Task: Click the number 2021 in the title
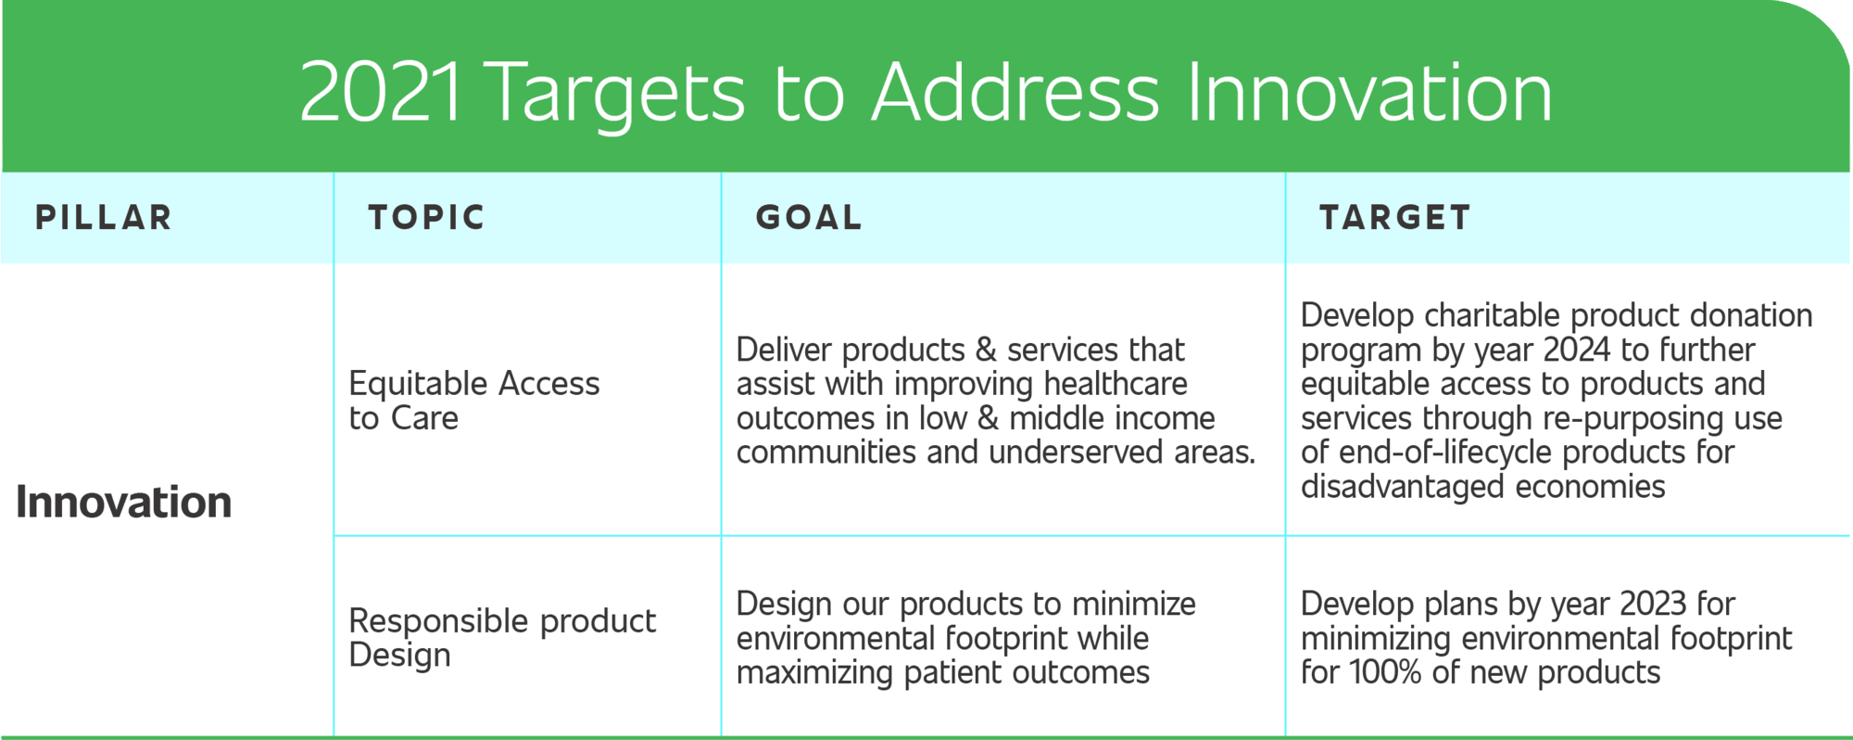click(x=381, y=92)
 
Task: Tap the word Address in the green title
click(x=1015, y=92)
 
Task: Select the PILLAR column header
click(x=104, y=217)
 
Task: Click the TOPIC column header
click(x=426, y=217)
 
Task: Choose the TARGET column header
click(x=1395, y=217)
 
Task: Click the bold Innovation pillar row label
click(x=123, y=502)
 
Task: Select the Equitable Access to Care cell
click(x=474, y=401)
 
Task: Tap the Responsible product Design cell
click(x=502, y=638)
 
